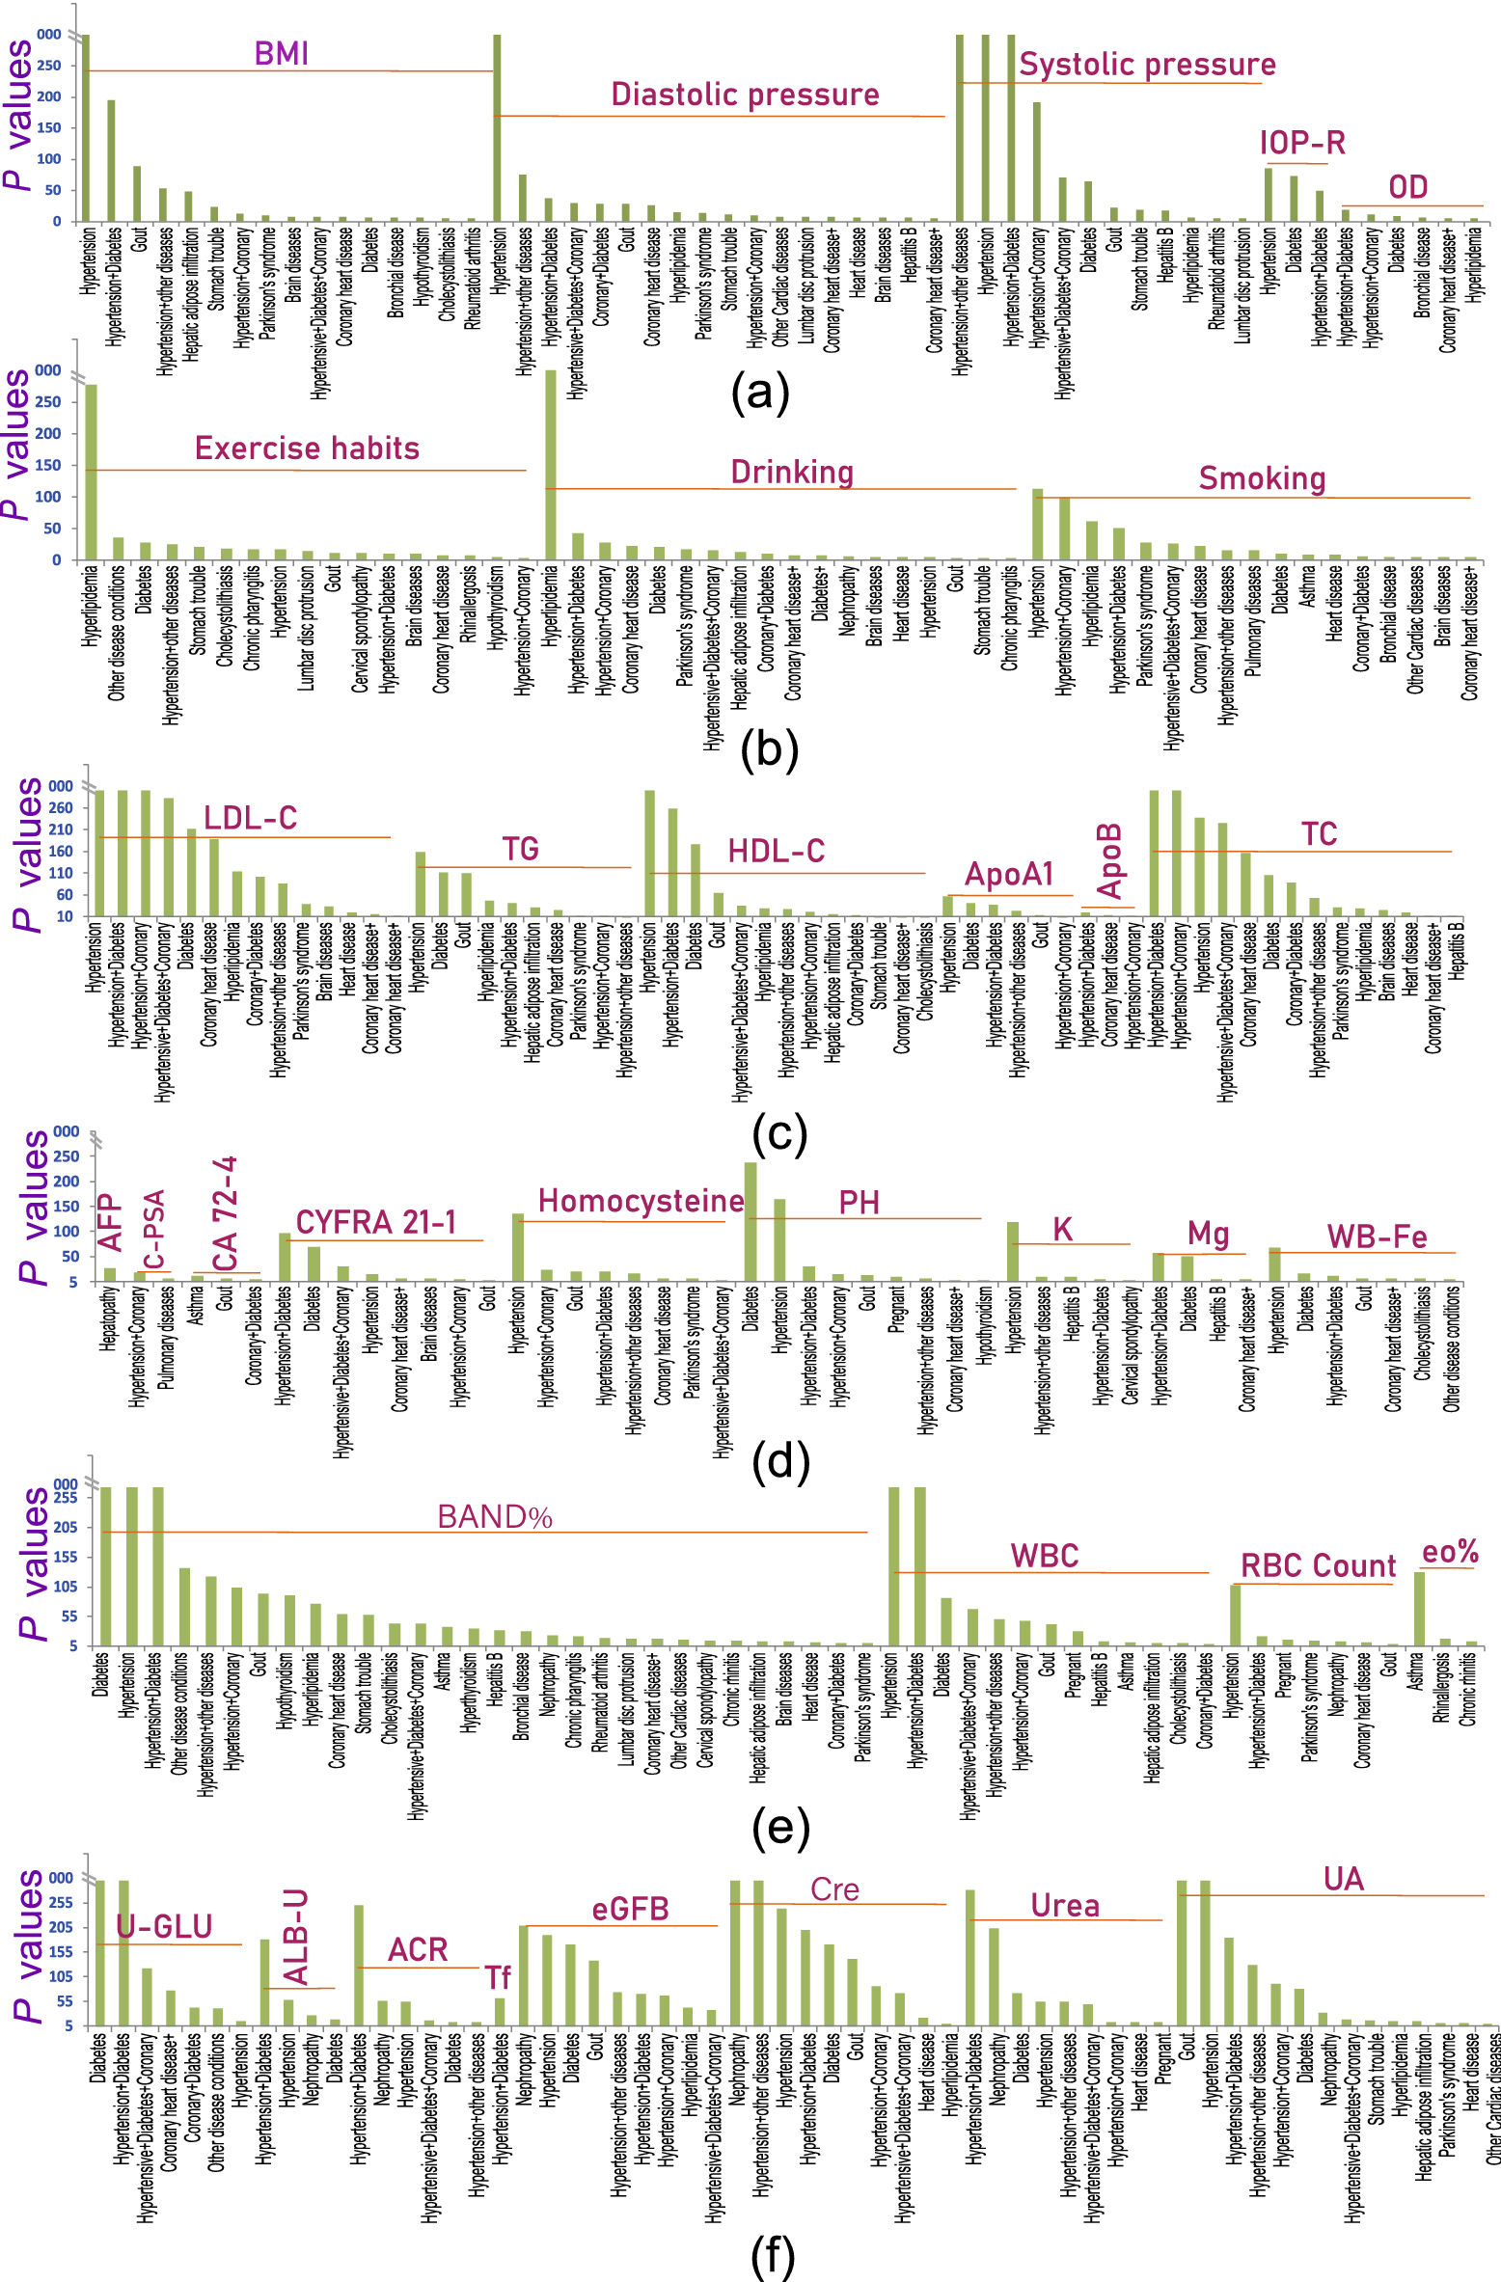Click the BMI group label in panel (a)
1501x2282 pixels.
281,53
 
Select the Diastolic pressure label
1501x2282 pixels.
745,95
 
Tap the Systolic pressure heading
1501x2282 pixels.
1147,65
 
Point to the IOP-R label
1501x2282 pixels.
1301,143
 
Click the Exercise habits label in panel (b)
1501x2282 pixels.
307,448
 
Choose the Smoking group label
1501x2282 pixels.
1262,478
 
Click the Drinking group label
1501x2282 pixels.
792,473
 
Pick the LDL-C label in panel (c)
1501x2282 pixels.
250,818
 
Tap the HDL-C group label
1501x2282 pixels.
776,851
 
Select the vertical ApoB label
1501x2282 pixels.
1110,860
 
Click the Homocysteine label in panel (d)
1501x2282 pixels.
641,1201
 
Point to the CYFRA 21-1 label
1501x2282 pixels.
375,1222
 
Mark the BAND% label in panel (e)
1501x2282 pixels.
495,1517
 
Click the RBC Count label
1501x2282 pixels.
1318,1565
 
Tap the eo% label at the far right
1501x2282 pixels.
1450,1552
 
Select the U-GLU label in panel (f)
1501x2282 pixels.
164,1927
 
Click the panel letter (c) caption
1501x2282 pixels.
778,1134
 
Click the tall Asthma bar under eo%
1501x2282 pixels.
1419,1608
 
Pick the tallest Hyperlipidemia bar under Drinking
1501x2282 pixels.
551,464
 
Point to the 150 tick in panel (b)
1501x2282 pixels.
48,465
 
